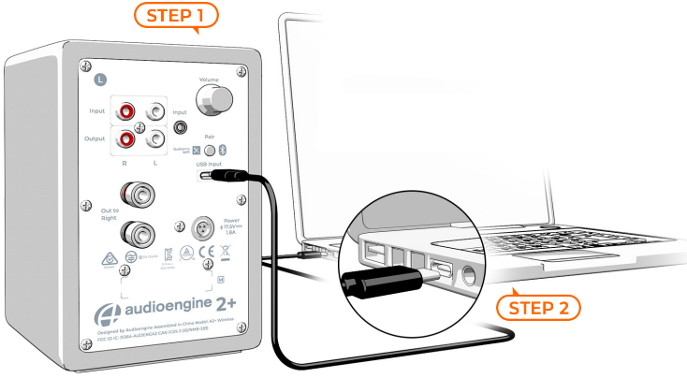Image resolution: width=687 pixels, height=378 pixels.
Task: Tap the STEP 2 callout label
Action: tap(538, 306)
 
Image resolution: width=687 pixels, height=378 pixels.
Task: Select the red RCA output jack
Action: tap(124, 140)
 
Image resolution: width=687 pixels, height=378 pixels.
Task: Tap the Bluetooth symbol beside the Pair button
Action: tap(223, 150)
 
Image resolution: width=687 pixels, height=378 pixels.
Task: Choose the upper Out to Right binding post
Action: tap(145, 196)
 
